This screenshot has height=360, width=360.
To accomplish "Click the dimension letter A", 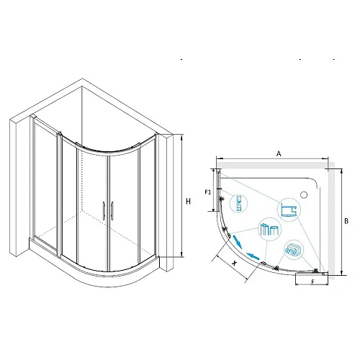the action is tap(279, 153).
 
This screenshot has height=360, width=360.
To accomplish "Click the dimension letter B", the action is tap(346, 221).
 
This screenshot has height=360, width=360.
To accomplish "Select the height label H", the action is tap(189, 202).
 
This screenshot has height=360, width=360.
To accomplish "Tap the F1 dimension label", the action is tap(208, 192).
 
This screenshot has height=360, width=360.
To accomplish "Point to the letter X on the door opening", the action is tap(235, 263).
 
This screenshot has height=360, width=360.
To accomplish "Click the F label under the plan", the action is tap(312, 282).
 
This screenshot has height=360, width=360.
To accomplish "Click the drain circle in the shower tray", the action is tap(304, 194).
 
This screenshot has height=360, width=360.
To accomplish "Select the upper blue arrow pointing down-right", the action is tap(238, 242).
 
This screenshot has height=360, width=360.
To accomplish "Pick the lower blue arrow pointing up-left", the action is tap(253, 256).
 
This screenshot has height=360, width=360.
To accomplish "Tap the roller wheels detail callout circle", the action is tap(294, 250).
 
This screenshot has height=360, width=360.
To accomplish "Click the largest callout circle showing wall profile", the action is tap(289, 210).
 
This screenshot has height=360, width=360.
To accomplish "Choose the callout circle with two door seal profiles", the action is tap(270, 229).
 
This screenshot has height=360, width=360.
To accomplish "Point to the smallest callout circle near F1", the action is tap(238, 203).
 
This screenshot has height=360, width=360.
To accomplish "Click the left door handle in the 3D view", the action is tap(104, 211).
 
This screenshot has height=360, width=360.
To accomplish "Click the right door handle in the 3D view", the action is tap(112, 210).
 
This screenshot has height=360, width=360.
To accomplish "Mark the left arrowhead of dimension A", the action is tap(219, 158).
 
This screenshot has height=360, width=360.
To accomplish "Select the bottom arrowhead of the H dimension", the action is tap(181, 255).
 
